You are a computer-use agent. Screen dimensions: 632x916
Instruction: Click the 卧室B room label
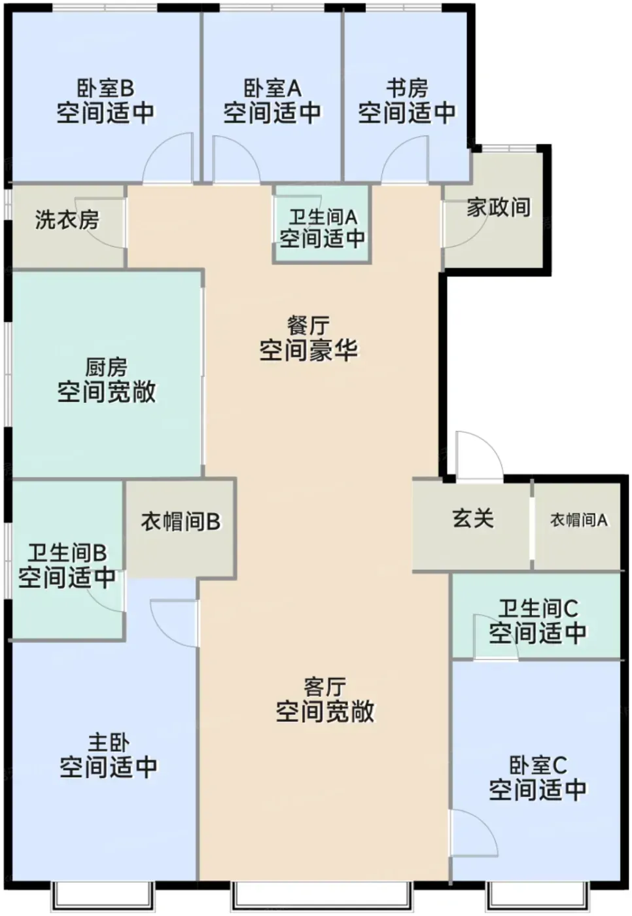(105, 88)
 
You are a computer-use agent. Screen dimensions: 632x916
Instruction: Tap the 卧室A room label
(272, 88)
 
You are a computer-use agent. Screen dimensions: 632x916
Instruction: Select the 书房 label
(407, 88)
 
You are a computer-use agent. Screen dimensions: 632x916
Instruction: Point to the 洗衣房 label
(67, 220)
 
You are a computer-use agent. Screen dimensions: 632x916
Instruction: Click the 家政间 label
(499, 207)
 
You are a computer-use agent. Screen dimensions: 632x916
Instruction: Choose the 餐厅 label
(308, 326)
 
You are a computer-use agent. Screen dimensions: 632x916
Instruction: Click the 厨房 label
(106, 367)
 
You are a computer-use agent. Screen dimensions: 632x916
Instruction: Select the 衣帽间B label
(181, 522)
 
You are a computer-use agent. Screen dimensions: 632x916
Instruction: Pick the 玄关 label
(473, 518)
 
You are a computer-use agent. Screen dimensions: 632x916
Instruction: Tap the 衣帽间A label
(578, 520)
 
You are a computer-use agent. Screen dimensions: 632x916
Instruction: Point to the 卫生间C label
(538, 608)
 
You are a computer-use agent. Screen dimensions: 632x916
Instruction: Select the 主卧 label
(109, 743)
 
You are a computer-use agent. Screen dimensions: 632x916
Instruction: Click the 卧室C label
(538, 765)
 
